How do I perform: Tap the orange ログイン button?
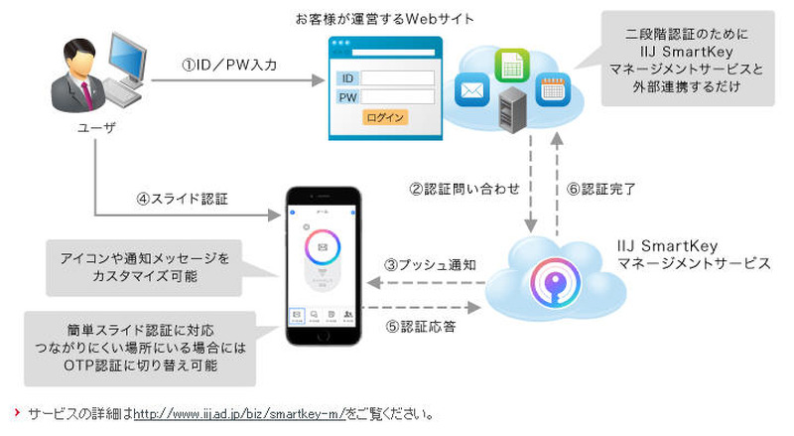pyautogui.click(x=384, y=117)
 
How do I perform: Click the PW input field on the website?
pyautogui.click(x=399, y=97)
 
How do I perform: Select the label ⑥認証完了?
pyautogui.click(x=606, y=187)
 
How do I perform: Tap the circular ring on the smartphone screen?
pyautogui.click(x=322, y=245)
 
